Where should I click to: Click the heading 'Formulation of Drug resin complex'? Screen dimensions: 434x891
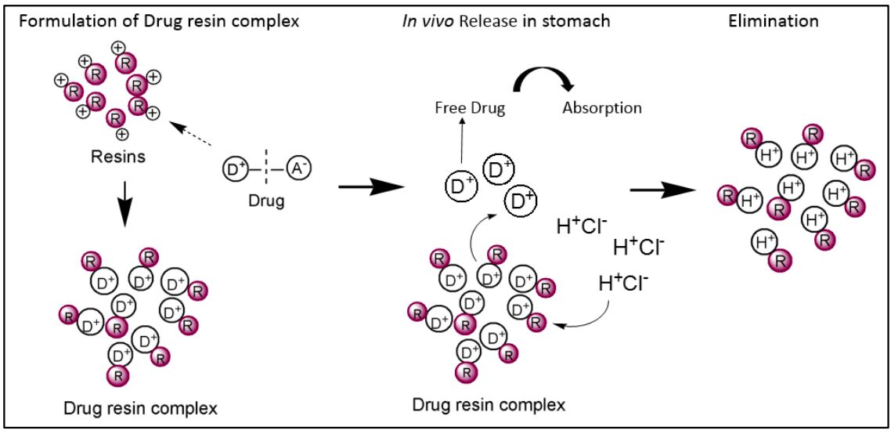[x=159, y=21]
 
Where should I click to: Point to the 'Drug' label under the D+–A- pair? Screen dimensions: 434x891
[x=267, y=201]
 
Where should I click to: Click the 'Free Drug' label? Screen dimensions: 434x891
[x=470, y=109]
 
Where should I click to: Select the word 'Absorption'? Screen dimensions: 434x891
[x=602, y=108]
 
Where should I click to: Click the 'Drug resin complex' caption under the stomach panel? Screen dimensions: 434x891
[x=488, y=406]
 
